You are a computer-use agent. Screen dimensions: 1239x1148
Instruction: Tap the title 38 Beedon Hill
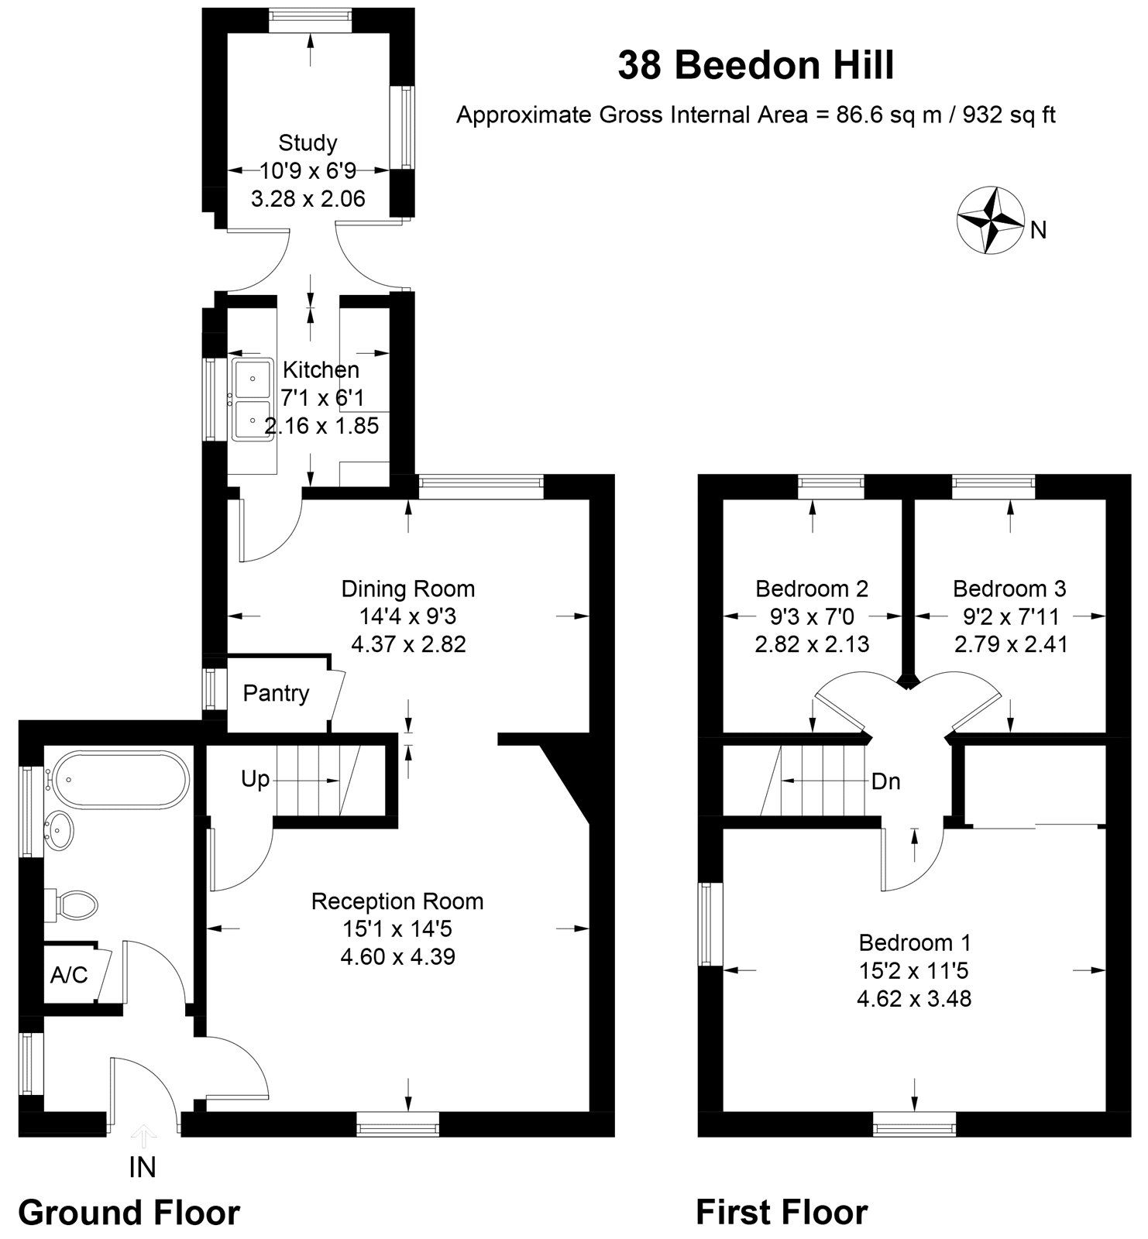(756, 65)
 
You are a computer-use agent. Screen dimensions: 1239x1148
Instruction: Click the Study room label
(308, 142)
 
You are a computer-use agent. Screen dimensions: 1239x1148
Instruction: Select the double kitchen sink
(252, 399)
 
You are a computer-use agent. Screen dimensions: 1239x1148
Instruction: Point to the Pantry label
(276, 693)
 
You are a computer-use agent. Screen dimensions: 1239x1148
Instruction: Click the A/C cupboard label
(69, 975)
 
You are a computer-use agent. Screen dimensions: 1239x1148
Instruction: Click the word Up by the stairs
(255, 778)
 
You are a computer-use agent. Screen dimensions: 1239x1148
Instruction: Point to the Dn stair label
(885, 781)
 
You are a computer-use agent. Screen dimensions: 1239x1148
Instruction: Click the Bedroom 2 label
(812, 589)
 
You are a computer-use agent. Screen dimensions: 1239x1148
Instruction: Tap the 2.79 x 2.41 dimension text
(1010, 644)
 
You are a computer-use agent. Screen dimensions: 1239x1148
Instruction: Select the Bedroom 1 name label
(914, 942)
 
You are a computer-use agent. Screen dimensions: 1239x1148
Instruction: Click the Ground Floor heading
(129, 1212)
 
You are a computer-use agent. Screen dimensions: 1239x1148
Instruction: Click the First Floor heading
(782, 1212)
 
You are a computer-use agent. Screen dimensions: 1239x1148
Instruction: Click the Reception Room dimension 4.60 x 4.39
(397, 956)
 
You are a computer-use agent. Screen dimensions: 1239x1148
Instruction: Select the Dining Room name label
(408, 589)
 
